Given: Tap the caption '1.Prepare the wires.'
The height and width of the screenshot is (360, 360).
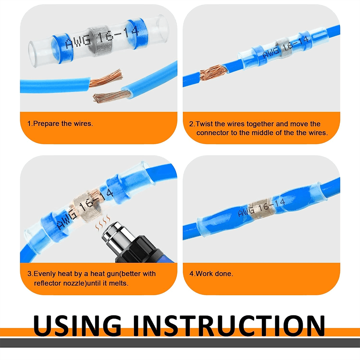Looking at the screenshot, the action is [x=60, y=124].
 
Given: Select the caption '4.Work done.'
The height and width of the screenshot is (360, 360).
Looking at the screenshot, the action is [x=211, y=274].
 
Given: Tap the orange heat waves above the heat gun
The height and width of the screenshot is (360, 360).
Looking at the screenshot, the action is [x=103, y=222].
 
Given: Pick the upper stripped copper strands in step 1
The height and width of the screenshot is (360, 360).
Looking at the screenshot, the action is [x=106, y=78].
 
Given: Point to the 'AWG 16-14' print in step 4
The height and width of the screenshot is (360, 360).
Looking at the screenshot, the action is [x=261, y=208].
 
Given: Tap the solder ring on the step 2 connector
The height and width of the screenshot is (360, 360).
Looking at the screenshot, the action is [x=284, y=48].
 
